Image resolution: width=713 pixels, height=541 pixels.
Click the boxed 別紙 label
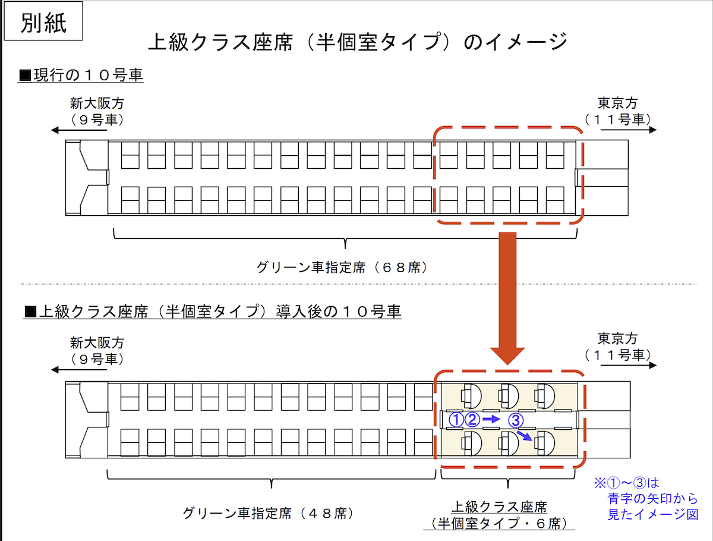[43, 22]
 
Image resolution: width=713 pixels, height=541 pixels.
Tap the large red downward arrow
[507, 297]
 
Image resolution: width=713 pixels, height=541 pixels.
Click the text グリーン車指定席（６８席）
[342, 268]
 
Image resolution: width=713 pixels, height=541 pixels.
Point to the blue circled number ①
[455, 420]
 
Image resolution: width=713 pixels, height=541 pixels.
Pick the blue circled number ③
[516, 420]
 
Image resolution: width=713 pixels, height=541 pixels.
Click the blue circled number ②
[472, 420]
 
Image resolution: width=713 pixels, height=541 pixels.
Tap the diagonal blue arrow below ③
[524, 437]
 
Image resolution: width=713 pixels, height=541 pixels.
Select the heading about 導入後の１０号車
[212, 312]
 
